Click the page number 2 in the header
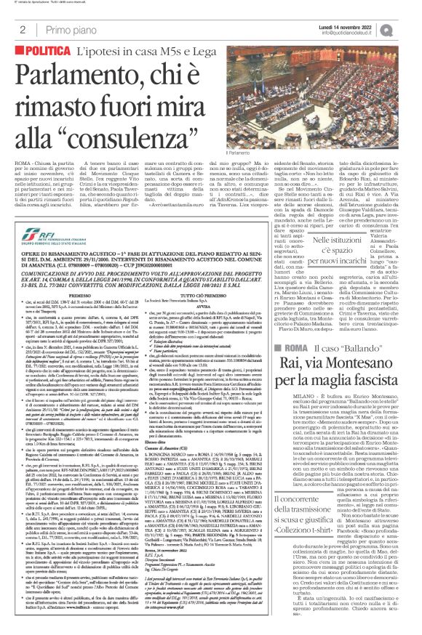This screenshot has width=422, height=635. (x=23, y=29)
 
